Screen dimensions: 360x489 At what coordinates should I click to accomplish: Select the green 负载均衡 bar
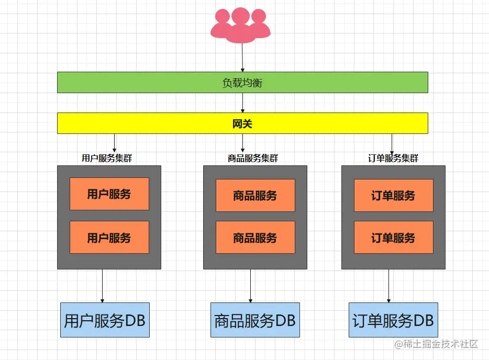pyautogui.click(x=242, y=83)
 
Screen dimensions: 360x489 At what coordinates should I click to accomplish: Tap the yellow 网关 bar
pyautogui.click(x=242, y=123)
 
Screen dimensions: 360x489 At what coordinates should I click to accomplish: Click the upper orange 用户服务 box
pyautogui.click(x=109, y=194)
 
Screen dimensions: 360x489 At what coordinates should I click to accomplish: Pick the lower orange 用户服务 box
pyautogui.click(x=109, y=238)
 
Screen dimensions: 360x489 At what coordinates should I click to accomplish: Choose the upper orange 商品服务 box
pyautogui.click(x=255, y=196)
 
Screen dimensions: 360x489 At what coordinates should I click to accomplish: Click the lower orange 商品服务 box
pyautogui.click(x=255, y=238)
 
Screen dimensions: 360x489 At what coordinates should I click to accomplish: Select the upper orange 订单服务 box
pyautogui.click(x=393, y=196)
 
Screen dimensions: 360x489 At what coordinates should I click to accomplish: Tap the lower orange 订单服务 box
pyautogui.click(x=393, y=238)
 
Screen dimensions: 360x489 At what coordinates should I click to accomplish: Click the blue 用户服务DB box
pyautogui.click(x=105, y=320)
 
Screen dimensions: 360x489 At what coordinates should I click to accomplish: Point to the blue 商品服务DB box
pyautogui.click(x=255, y=320)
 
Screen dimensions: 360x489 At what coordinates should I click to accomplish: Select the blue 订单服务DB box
pyautogui.click(x=393, y=320)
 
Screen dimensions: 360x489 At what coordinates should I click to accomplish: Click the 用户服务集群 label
pyautogui.click(x=107, y=158)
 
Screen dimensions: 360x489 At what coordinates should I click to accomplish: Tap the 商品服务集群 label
pyautogui.click(x=253, y=158)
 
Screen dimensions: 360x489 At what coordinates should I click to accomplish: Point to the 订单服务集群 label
pyautogui.click(x=393, y=158)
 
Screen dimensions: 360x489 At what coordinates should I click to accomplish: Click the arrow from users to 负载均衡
pyautogui.click(x=242, y=58)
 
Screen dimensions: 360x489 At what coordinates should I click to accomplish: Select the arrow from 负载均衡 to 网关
pyautogui.click(x=242, y=103)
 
